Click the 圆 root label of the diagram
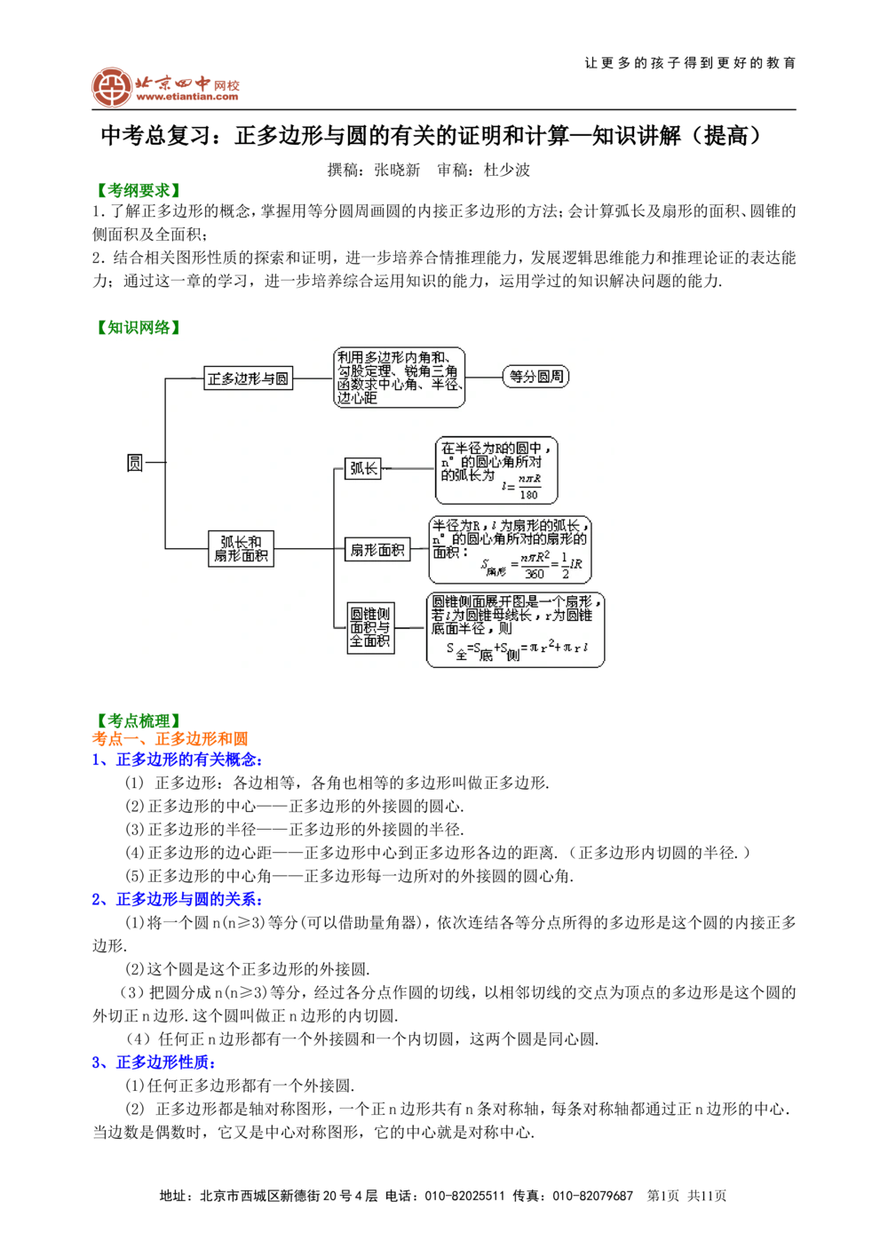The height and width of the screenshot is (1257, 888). tap(134, 463)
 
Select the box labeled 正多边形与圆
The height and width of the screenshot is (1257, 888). tap(248, 378)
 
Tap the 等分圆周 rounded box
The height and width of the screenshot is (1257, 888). tap(535, 377)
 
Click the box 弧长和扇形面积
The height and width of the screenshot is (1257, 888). tap(241, 549)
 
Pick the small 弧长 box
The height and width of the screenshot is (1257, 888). tap(363, 468)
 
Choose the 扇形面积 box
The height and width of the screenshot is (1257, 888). tap(377, 550)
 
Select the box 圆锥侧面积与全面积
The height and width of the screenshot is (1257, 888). tap(370, 627)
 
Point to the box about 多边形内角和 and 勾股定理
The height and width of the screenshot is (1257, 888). tap(399, 378)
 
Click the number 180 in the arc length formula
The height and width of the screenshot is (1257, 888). tap(528, 495)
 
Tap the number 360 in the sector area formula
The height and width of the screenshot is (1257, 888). tap(535, 574)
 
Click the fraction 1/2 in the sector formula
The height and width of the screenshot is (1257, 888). tap(565, 566)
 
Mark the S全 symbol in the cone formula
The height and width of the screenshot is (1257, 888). tap(456, 651)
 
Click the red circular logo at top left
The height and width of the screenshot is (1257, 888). tap(111, 87)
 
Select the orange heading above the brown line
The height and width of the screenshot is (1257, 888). tap(169, 737)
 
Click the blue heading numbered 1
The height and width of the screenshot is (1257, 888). tap(178, 760)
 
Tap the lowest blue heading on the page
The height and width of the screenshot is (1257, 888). tap(155, 1062)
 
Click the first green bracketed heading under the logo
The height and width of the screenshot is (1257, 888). tap(139, 189)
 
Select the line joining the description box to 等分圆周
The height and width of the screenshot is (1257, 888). tap(483, 378)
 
